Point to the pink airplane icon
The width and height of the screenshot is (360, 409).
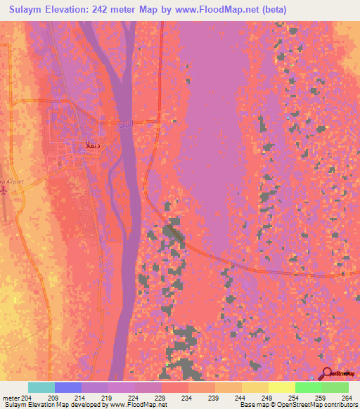(3, 195)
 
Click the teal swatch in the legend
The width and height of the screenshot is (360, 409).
(41, 387)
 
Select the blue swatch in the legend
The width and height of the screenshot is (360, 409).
(68, 387)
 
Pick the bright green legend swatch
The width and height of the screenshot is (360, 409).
(308, 387)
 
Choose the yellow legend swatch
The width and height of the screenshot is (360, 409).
(281, 387)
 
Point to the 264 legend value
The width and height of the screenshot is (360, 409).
(347, 397)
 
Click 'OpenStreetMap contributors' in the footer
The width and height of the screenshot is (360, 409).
(313, 405)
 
